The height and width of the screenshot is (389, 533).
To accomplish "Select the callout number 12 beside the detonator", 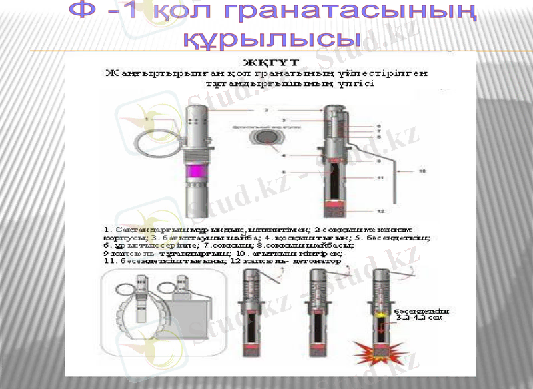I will pos(380,212).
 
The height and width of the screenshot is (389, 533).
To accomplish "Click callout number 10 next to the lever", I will pos(422,171).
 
